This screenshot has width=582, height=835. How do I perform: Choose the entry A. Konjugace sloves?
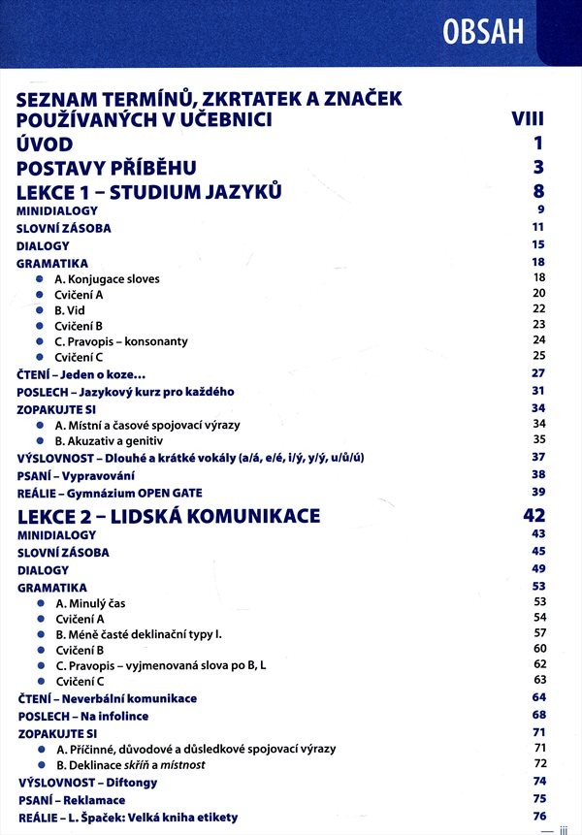coord(107,278)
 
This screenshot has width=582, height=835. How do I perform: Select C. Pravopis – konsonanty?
coord(121,341)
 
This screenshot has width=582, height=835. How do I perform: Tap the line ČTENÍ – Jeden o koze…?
coord(87,373)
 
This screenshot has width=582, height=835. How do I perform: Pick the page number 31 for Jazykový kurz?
coord(539,391)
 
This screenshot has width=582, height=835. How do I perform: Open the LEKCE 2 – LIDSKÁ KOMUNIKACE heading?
coord(168,516)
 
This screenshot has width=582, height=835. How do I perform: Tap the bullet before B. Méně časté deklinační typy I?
coord(40,633)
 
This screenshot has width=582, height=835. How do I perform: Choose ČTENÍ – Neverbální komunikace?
coord(107,698)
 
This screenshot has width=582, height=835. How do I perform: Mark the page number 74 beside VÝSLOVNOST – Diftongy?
coord(540,781)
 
